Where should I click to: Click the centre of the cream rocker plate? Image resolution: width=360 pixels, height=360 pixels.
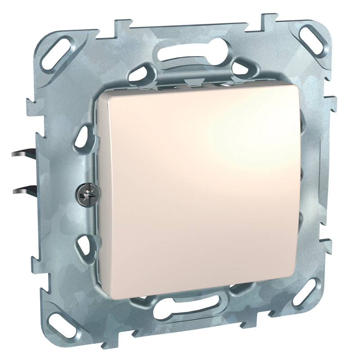click(198, 193)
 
